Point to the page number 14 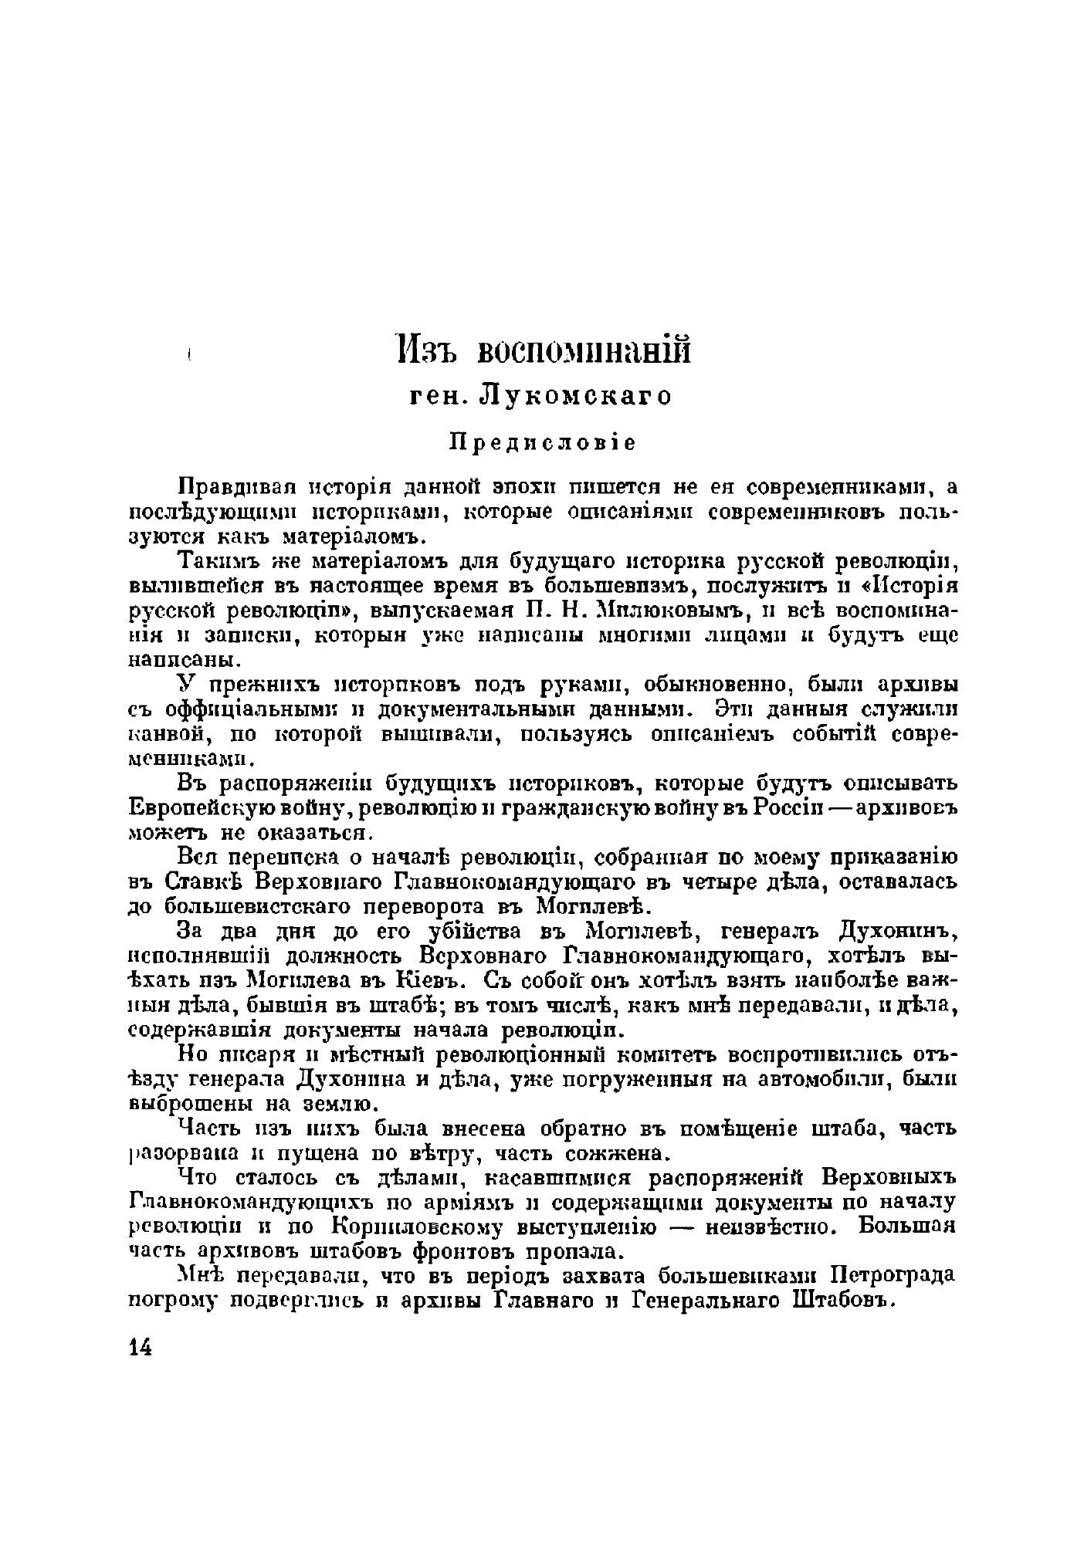141,1347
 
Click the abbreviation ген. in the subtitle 439,396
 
